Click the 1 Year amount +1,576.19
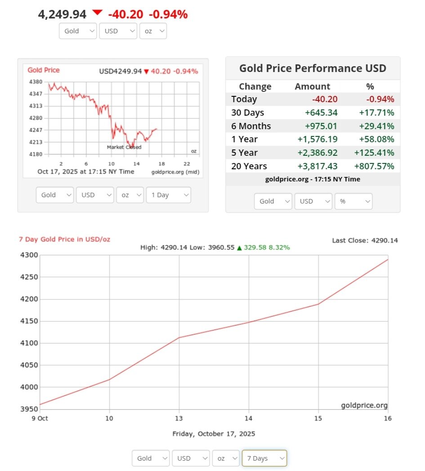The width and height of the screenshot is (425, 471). click(x=318, y=139)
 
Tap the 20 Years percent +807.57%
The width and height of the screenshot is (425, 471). click(x=374, y=166)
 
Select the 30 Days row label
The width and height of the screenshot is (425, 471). click(x=247, y=113)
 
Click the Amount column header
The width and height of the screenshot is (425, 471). click(x=312, y=86)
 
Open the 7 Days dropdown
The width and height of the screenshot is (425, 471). click(x=264, y=458)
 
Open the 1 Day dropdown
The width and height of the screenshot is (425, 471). click(x=168, y=195)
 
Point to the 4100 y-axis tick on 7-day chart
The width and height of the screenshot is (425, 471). click(x=29, y=343)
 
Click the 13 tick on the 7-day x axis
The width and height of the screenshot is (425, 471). click(x=179, y=418)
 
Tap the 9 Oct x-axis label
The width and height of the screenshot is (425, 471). click(x=40, y=418)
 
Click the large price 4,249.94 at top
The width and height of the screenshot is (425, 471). click(x=62, y=14)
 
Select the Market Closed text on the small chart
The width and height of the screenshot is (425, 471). click(x=124, y=147)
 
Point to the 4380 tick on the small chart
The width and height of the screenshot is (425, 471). click(x=35, y=82)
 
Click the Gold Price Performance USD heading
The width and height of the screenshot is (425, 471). click(x=313, y=68)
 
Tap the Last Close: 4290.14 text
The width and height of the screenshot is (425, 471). click(x=365, y=240)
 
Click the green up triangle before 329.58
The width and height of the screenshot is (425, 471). click(x=239, y=248)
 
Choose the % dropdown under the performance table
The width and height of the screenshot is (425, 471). click(x=353, y=201)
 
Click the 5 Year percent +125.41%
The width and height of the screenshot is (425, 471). click(x=374, y=153)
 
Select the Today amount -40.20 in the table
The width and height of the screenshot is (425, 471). click(x=325, y=99)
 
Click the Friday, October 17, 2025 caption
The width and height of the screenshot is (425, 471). click(x=214, y=434)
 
